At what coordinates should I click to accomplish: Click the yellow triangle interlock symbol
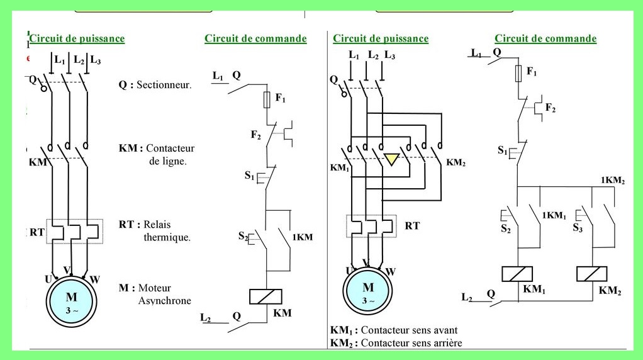[x=392, y=158]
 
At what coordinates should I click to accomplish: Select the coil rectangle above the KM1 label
[x=517, y=274]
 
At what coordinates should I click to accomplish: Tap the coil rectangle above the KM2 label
[x=591, y=274]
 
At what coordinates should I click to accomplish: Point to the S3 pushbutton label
[x=578, y=228]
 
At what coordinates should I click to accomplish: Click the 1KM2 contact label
[x=612, y=180]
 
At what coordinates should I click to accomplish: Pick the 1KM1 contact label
[x=554, y=215]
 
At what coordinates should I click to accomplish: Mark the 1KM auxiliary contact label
[x=302, y=237]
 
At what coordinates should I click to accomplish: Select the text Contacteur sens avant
[x=409, y=330]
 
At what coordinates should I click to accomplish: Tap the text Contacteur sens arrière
[x=411, y=343]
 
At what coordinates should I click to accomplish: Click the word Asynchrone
[x=164, y=300]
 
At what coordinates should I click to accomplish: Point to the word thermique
[x=167, y=237]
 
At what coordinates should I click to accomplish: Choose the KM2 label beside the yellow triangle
[x=456, y=162]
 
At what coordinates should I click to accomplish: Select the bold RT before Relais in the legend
[x=125, y=224]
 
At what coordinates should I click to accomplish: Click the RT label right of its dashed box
[x=412, y=225]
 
